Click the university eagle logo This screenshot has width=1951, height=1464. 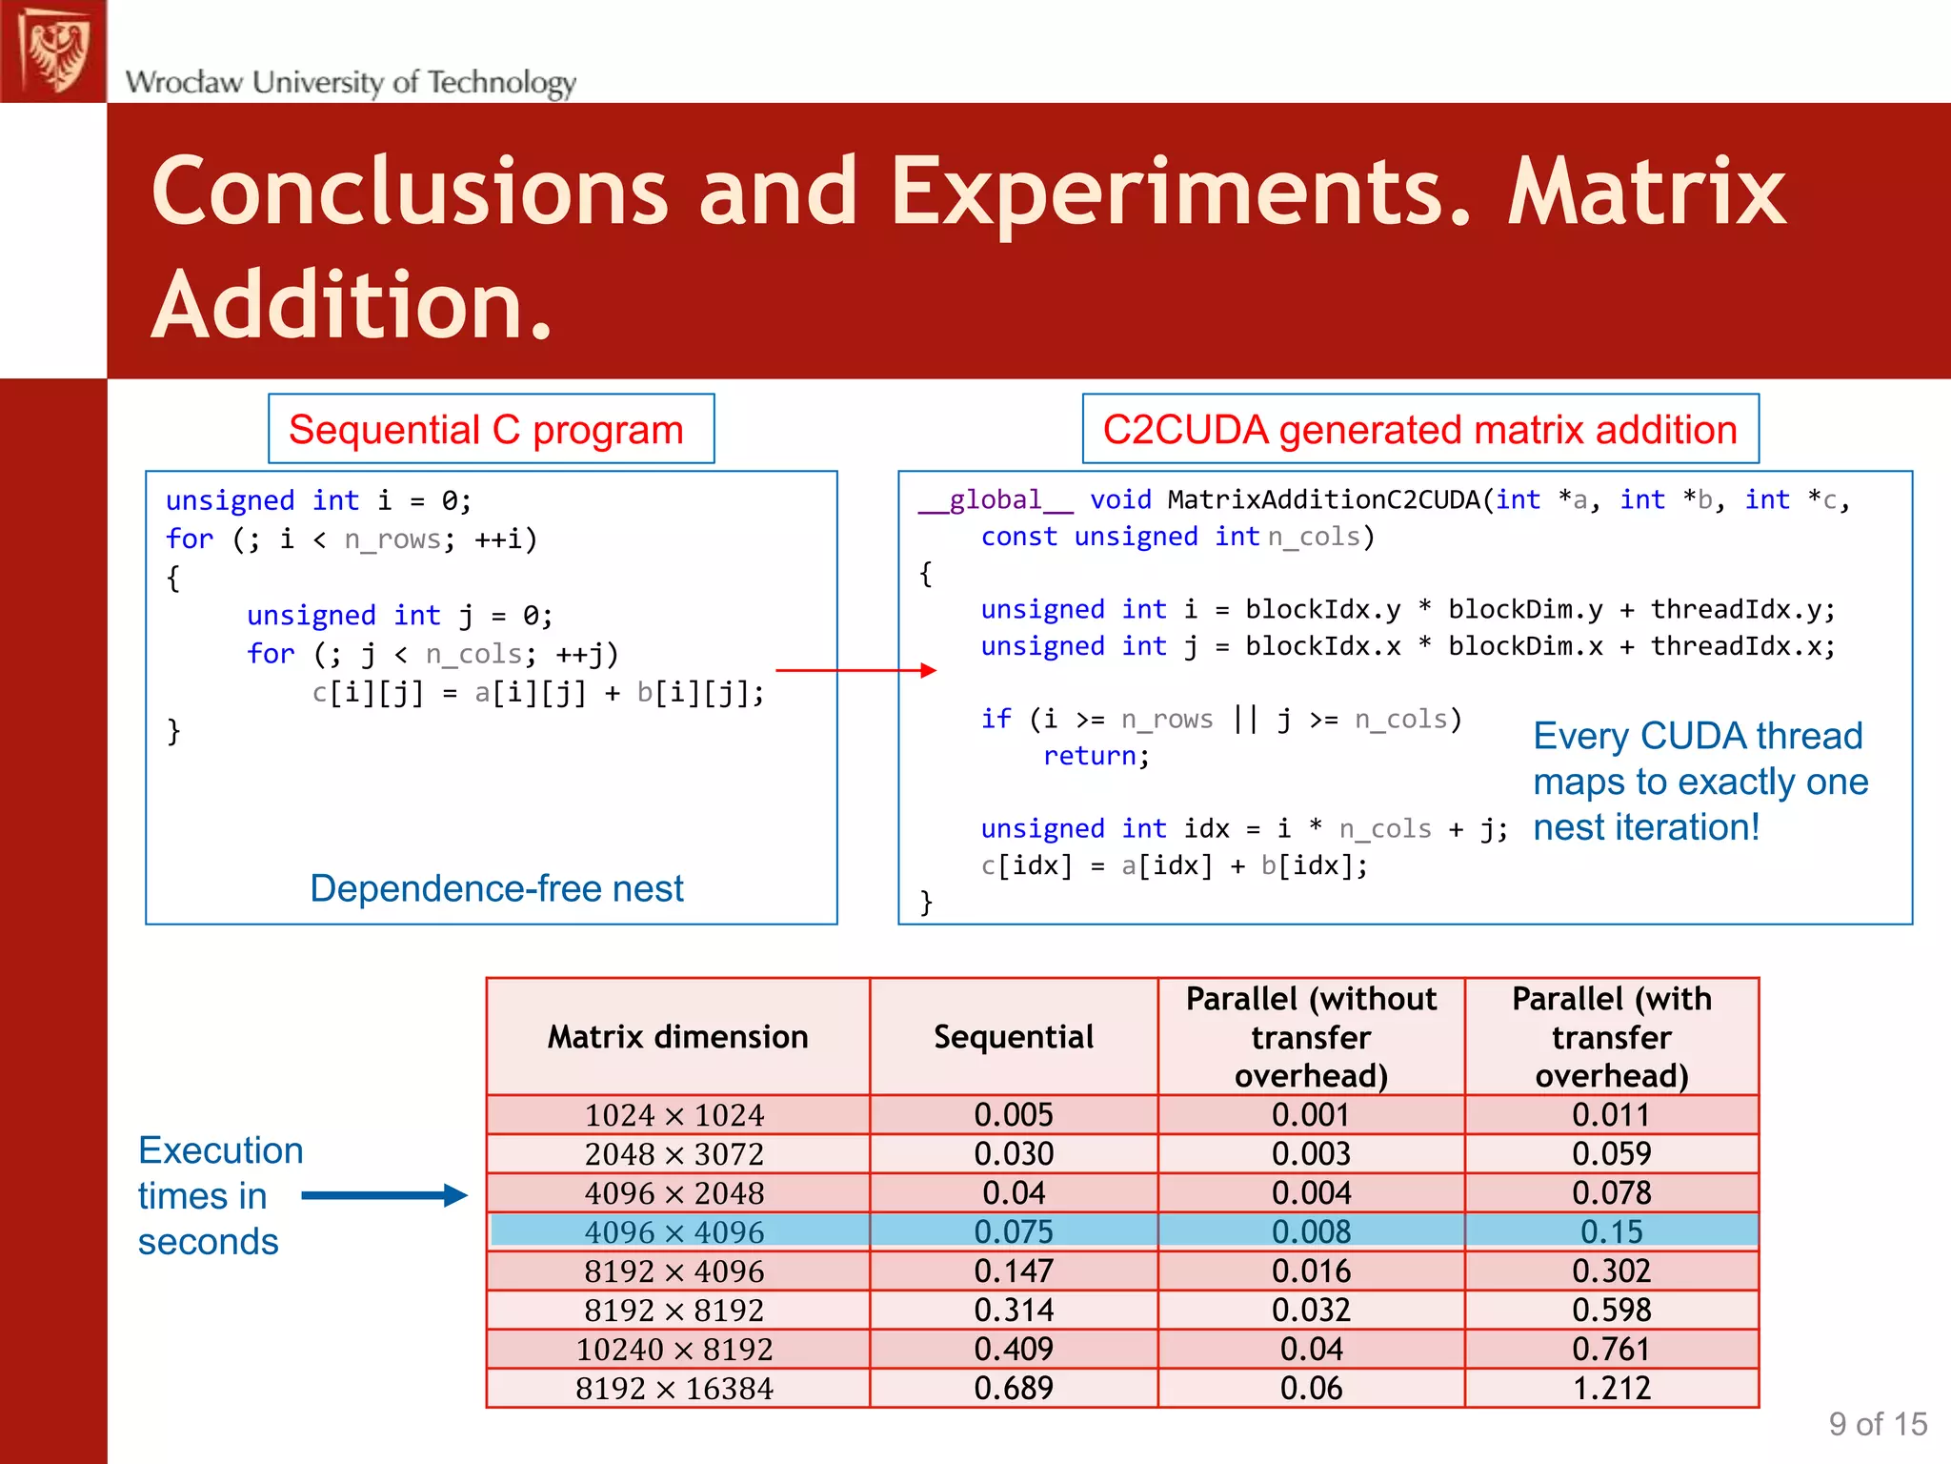pos(54,51)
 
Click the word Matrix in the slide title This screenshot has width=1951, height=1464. pos(1646,193)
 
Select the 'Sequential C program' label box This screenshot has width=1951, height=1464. pos(491,429)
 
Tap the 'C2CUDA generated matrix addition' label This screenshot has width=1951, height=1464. pos(1419,429)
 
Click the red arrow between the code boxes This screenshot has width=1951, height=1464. pos(855,670)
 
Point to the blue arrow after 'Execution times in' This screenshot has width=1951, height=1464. pos(384,1195)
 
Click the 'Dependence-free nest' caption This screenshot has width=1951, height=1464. pos(496,888)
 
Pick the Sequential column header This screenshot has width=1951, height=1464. pos(1013,1036)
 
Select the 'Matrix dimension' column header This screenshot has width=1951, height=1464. pos(677,1036)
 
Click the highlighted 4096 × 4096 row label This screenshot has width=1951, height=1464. pos(674,1231)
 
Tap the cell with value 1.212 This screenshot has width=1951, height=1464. pos(1611,1388)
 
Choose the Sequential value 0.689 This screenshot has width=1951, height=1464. pos(1013,1388)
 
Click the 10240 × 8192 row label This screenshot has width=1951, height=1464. pos(674,1349)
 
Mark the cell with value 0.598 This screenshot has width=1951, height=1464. pos(1611,1310)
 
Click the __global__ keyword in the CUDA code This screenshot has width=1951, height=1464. pos(995,500)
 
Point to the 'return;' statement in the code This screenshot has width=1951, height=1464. pos(1096,756)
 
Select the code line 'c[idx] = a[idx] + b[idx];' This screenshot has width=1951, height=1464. pos(1174,865)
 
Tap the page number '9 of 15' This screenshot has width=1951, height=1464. pos(1877,1424)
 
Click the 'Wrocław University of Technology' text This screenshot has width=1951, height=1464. pos(351,82)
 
